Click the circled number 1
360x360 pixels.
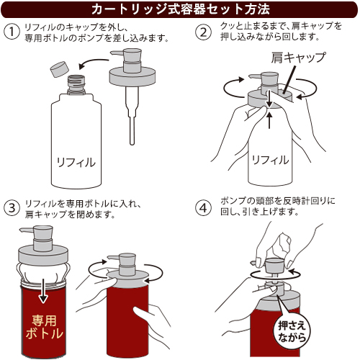tap(12, 32)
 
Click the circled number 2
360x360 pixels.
tap(204, 32)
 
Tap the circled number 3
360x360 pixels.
tap(12, 208)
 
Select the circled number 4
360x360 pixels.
tap(204, 208)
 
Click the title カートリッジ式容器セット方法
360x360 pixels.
tap(181, 9)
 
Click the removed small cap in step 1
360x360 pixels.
tap(59, 69)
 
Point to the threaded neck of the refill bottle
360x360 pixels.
tap(76, 84)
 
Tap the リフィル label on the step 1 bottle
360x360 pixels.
tap(76, 163)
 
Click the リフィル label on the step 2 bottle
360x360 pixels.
tap(270, 160)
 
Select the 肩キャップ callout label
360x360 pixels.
tap(299, 58)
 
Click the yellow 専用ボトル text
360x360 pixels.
tap(45, 327)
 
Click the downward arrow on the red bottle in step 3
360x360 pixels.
tap(43, 290)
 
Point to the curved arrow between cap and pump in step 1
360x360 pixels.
tap(94, 63)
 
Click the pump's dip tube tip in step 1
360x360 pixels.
tap(132, 142)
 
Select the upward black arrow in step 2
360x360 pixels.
tap(270, 120)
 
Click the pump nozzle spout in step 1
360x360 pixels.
tap(117, 53)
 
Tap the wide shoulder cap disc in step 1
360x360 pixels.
tap(132, 76)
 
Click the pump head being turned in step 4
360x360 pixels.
tap(275, 264)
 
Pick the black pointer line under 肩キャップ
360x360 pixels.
tap(289, 80)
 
